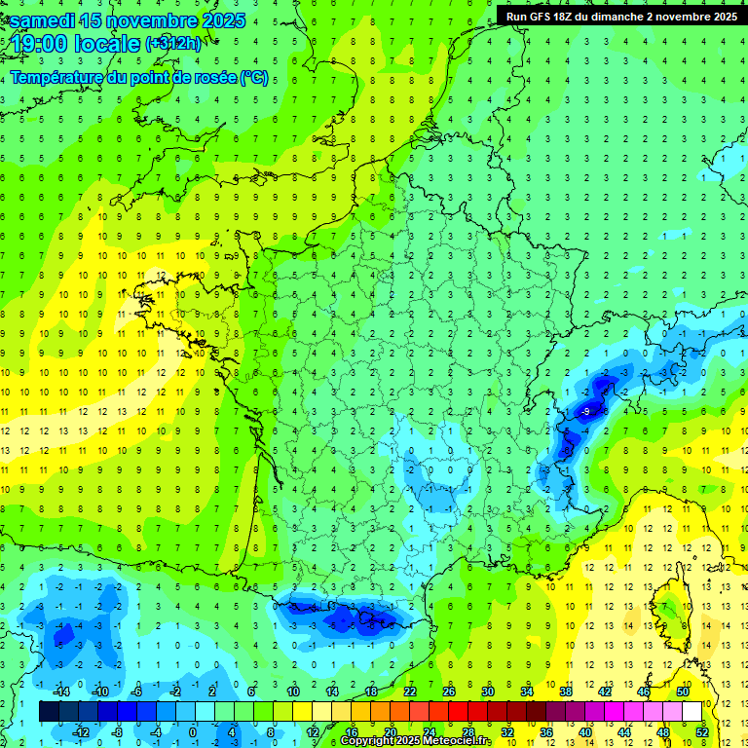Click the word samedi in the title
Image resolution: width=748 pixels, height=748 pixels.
[42, 19]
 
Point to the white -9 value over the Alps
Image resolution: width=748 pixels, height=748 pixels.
[585, 413]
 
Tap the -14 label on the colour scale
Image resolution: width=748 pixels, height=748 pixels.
[61, 691]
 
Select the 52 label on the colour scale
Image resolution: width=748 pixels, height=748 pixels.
[703, 731]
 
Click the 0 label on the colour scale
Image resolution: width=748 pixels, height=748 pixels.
[192, 731]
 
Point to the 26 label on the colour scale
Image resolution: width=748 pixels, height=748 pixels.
[449, 691]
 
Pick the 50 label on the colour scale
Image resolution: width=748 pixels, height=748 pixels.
[682, 691]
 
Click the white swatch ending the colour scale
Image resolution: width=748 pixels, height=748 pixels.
[692, 711]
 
